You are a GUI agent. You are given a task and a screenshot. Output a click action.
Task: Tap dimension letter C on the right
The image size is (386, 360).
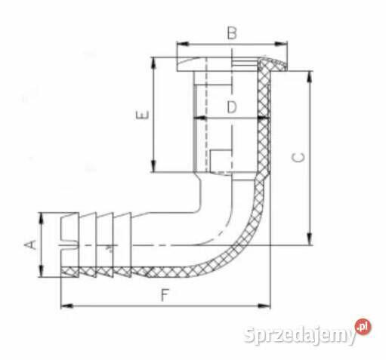(299, 158)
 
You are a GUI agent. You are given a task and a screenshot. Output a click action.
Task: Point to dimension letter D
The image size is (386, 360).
(232, 107)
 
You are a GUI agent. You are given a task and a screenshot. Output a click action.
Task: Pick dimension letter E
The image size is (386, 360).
(141, 115)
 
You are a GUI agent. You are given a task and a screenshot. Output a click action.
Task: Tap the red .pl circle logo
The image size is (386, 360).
(364, 327)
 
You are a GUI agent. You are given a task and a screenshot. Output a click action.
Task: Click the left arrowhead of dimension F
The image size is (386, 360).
(63, 306)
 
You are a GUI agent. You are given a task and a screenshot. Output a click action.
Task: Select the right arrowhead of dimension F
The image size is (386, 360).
(267, 306)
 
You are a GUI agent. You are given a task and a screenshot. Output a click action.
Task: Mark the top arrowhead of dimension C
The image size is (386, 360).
(309, 75)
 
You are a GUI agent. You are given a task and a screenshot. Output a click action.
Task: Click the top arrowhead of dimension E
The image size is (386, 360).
(153, 60)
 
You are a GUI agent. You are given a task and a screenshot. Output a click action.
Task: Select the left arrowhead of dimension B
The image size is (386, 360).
(180, 44)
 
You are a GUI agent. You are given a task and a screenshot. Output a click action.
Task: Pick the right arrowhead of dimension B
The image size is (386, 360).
(285, 44)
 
